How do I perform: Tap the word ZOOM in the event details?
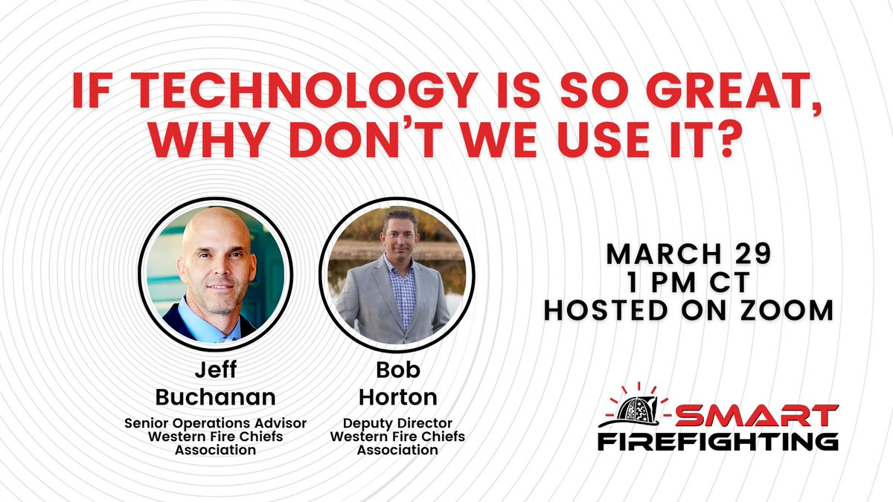click(x=792, y=310)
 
